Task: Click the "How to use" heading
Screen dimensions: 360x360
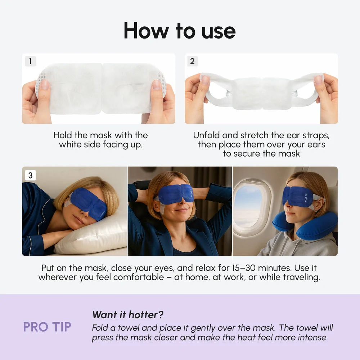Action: (x=180, y=31)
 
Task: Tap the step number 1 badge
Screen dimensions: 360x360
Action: (x=30, y=61)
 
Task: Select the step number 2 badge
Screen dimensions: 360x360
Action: (x=192, y=61)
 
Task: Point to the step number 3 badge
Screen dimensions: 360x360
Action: (x=30, y=175)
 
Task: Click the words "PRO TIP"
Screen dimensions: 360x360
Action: (x=47, y=327)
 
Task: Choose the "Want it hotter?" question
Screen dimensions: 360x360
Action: (x=128, y=315)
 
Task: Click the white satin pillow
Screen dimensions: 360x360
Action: (x=90, y=236)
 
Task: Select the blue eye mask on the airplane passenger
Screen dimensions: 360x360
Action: (x=299, y=196)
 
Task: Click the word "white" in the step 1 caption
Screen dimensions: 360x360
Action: (x=71, y=145)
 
